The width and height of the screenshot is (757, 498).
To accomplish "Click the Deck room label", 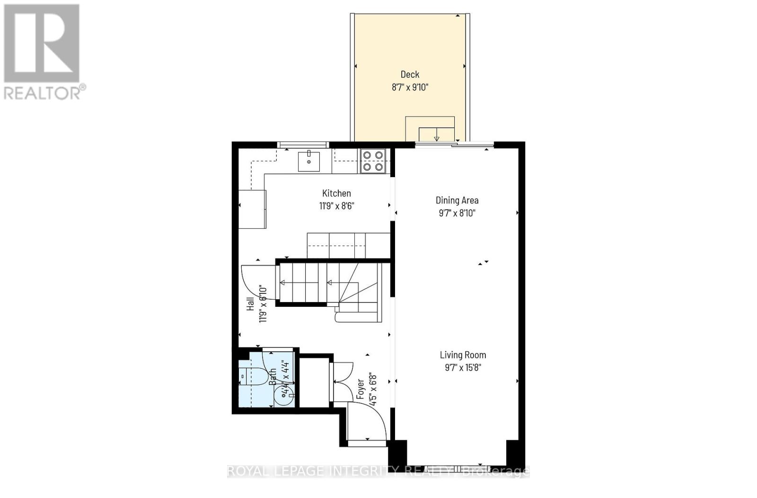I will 410,74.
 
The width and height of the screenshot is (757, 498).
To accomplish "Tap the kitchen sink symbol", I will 308,161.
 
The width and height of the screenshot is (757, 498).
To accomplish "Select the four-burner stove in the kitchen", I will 373,161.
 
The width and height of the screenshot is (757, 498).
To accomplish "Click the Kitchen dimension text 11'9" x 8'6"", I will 336,206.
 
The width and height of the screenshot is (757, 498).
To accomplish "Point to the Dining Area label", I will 457,200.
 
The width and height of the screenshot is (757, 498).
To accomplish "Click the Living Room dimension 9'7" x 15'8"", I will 463,368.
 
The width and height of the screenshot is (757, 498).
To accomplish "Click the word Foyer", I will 361,389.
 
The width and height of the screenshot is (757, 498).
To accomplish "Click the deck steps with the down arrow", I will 436,134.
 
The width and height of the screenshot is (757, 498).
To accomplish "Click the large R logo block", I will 42,43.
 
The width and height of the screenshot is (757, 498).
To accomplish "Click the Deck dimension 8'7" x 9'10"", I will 410,87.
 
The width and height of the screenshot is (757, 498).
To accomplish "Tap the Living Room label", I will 463,355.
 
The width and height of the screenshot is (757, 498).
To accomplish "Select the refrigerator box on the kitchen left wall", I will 252,209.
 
